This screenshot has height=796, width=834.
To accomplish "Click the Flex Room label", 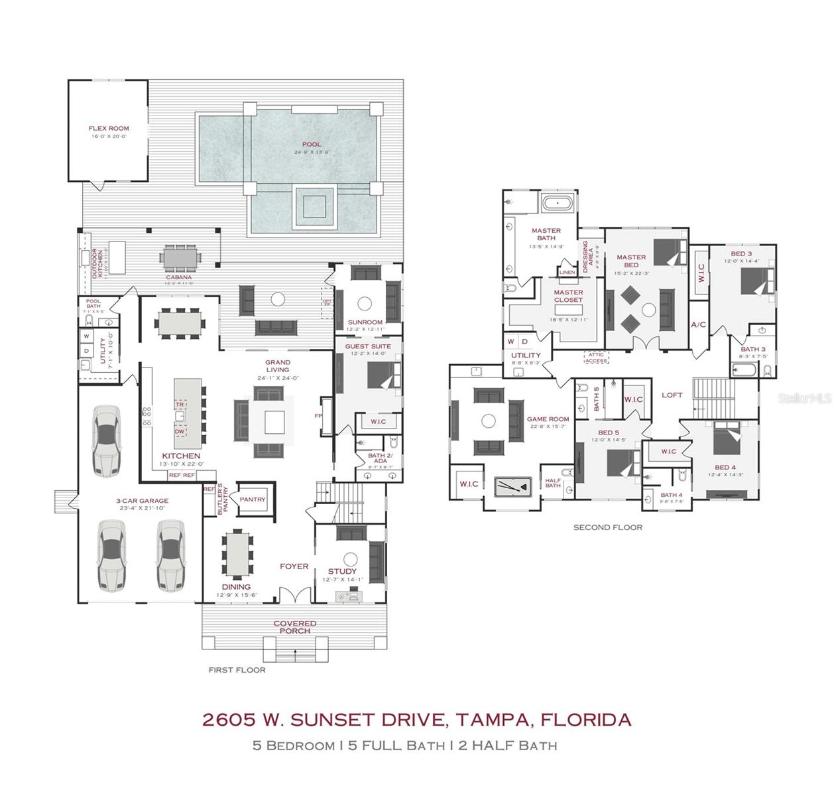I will click(x=109, y=129).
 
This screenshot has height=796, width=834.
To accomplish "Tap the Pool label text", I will click(x=312, y=144).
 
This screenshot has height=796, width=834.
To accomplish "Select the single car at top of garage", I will click(x=106, y=440).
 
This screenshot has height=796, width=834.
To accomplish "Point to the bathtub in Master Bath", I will click(x=557, y=202).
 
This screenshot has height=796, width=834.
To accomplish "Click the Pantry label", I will click(x=253, y=499).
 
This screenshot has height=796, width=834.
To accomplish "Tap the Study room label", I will click(x=342, y=571).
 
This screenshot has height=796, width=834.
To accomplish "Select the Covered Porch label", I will click(x=295, y=627).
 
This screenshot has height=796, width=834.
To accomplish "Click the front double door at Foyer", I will click(x=294, y=594).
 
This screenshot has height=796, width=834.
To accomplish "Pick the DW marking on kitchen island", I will click(x=180, y=431).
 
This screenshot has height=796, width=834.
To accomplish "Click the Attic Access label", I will click(x=596, y=358).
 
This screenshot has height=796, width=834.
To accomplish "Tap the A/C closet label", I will click(x=698, y=325).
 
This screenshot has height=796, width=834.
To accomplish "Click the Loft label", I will click(x=672, y=395).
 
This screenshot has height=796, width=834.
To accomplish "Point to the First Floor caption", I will click(x=237, y=670).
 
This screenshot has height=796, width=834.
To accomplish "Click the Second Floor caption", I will click(x=607, y=527).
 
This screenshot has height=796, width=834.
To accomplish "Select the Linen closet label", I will click(x=567, y=273).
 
